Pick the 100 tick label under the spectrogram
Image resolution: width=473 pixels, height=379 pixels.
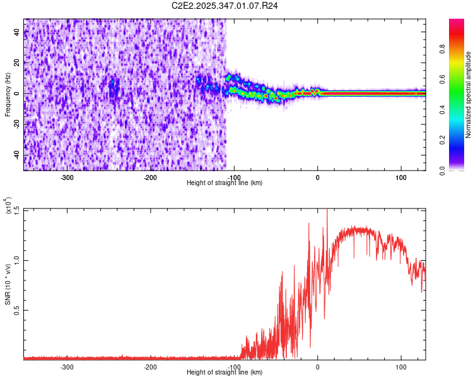click(400, 177)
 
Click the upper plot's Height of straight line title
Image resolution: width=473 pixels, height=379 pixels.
click(225, 183)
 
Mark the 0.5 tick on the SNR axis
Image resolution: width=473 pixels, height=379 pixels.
click(16, 310)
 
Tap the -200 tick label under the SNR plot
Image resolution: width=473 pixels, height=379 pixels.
click(150, 367)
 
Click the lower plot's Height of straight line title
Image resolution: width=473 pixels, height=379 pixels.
click(225, 372)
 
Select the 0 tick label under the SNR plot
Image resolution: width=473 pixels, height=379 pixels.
click(318, 367)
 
